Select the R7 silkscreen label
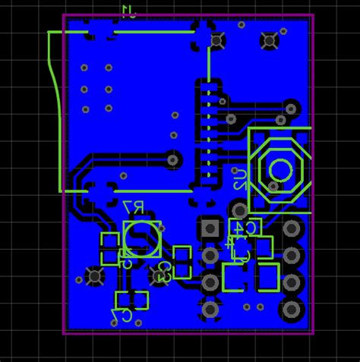[x=134, y=207]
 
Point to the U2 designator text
[x=239, y=180]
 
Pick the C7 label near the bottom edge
[x=121, y=313]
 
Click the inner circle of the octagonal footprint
[x=279, y=171]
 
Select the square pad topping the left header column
[x=210, y=228]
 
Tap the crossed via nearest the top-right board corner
[x=269, y=40]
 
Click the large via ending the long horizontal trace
[x=174, y=159]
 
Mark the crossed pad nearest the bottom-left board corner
[x=95, y=276]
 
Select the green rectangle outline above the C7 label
[x=131, y=300]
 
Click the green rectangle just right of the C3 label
[x=182, y=262]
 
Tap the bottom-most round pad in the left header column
[x=210, y=309]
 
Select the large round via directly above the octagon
[x=292, y=107]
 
